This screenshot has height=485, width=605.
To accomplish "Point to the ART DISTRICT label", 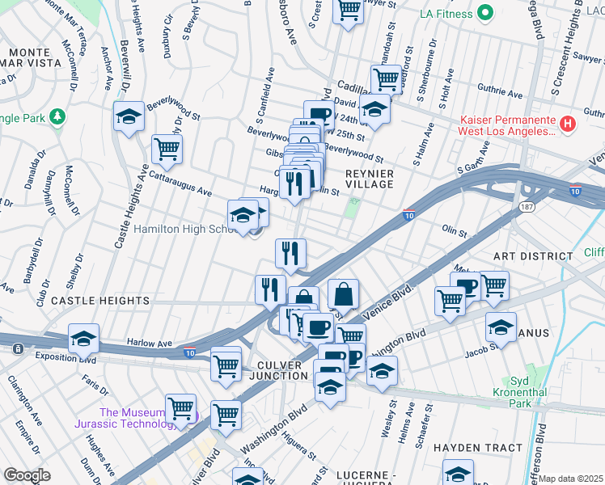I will point(534,255).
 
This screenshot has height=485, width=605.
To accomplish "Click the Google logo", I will point(27,474).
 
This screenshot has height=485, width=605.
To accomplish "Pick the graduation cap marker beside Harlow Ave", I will point(83,339).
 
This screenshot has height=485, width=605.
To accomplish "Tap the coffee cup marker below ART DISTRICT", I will point(465,285).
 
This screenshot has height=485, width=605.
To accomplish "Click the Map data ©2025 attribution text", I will point(571,479).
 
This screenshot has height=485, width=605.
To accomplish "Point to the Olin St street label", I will point(455,229).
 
